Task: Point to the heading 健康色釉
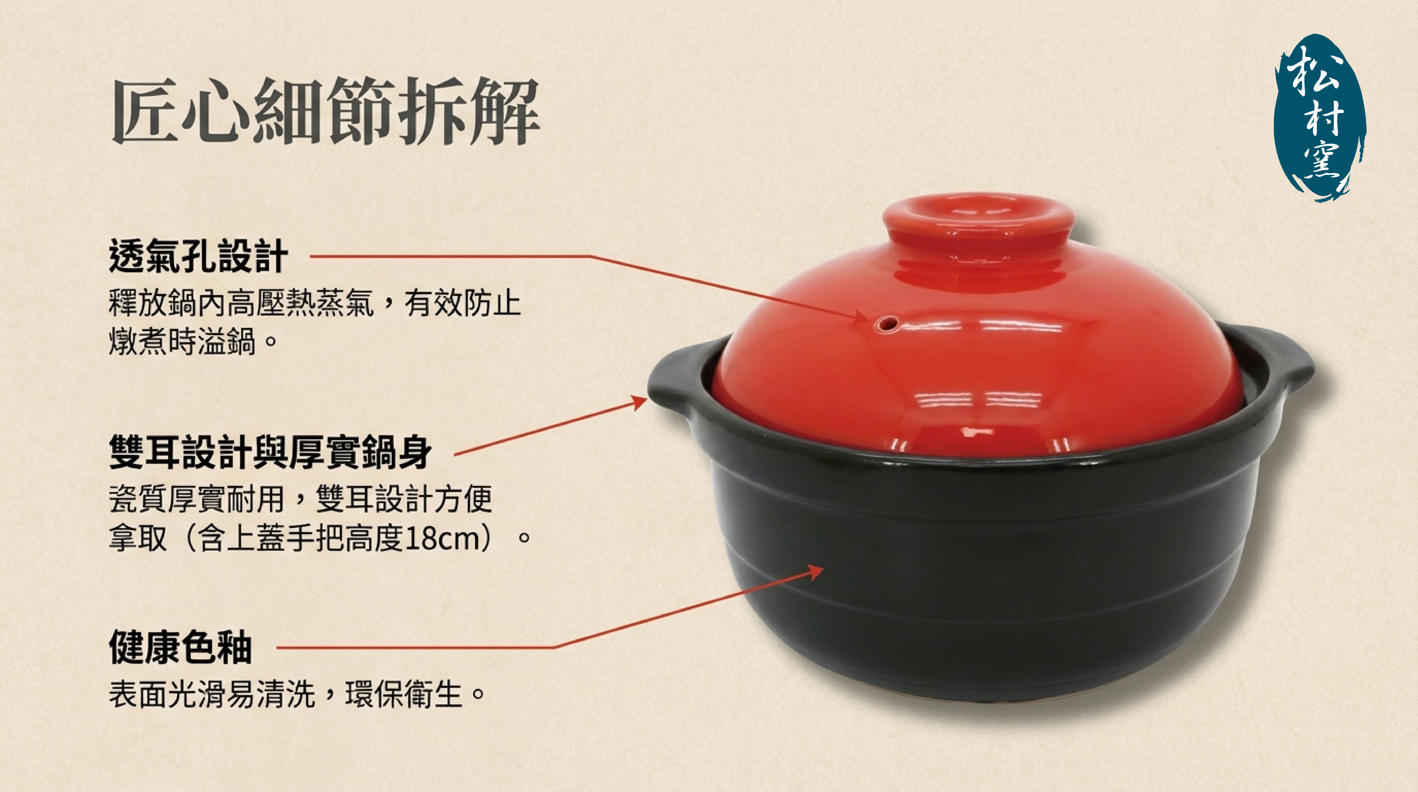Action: pyautogui.click(x=181, y=647)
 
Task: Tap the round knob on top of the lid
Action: pyautogui.click(x=979, y=220)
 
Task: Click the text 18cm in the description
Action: pyautogui.click(x=444, y=538)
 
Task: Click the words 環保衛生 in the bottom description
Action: pyautogui.click(x=403, y=694)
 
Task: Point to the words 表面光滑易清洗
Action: pyautogui.click(x=212, y=694)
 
